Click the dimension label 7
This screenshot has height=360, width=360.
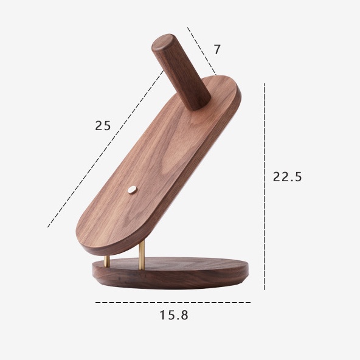click(217, 49)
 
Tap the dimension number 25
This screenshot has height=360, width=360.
click(103, 126)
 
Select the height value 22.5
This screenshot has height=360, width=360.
click(287, 177)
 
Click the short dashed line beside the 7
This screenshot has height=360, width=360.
click(202, 49)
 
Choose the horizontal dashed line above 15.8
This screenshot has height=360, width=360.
click(173, 302)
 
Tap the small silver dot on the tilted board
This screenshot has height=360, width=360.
click(132, 190)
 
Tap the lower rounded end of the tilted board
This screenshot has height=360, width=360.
click(109, 234)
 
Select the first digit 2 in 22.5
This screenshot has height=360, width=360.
click(277, 177)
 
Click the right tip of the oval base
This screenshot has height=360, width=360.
click(248, 268)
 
